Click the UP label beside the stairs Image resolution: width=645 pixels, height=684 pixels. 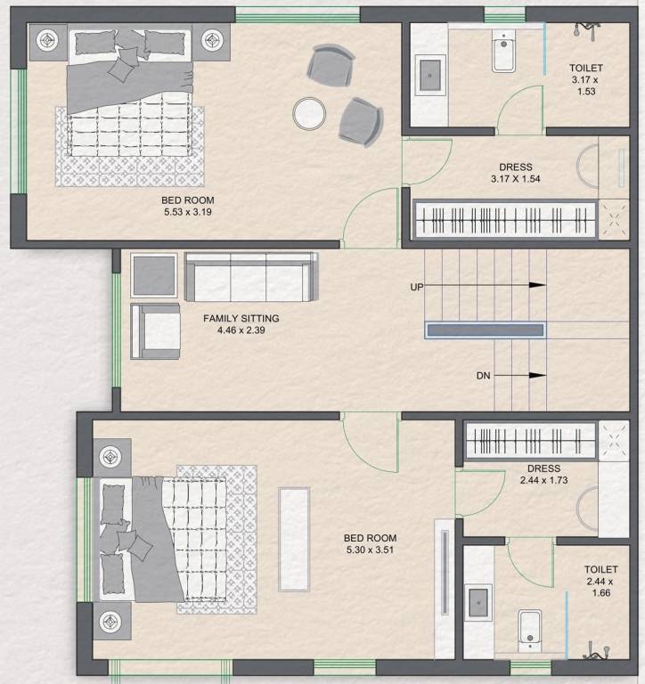(x=416, y=287)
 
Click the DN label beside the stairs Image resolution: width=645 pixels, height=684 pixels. (x=483, y=377)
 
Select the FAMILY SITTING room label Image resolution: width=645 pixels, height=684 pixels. (x=241, y=318)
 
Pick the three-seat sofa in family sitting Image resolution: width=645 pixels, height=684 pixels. (x=249, y=277)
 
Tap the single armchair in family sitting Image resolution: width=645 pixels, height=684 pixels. (x=156, y=331)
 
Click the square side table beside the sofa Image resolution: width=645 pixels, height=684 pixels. (x=155, y=275)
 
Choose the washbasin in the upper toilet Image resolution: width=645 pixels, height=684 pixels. (x=431, y=71)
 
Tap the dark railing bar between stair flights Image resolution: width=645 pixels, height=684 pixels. (x=486, y=330)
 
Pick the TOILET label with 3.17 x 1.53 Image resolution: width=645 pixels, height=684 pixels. (x=586, y=79)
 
